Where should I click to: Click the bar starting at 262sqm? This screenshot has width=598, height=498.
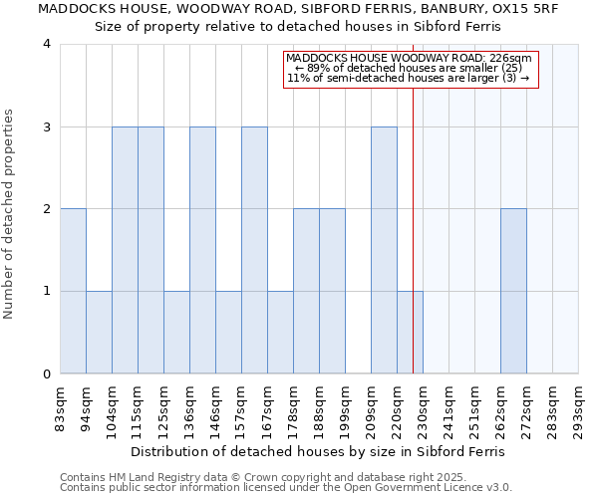pyautogui.click(x=513, y=291)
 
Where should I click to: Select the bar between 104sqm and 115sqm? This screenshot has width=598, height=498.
pyautogui.click(x=125, y=250)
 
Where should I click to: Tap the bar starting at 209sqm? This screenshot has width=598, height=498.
pyautogui.click(x=384, y=250)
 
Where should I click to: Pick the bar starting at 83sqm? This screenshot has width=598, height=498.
pyautogui.click(x=73, y=291)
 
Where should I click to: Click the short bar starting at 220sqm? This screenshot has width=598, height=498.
pyautogui.click(x=410, y=333)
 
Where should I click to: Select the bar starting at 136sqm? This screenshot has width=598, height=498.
pyautogui.click(x=202, y=250)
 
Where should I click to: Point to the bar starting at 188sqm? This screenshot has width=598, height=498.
pyautogui.click(x=332, y=291)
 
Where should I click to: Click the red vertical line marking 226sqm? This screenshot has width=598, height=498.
pyautogui.click(x=413, y=229)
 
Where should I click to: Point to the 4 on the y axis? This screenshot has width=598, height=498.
pyautogui.click(x=47, y=44)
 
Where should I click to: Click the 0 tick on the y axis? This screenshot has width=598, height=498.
pyautogui.click(x=47, y=374)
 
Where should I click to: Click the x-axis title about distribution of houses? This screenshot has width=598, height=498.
pyautogui.click(x=317, y=451)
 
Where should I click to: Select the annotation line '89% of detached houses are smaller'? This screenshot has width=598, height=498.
pyautogui.click(x=409, y=69)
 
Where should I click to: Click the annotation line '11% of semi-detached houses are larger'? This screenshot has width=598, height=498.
pyautogui.click(x=409, y=79)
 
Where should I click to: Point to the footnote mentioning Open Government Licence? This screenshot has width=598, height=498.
pyautogui.click(x=286, y=488)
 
